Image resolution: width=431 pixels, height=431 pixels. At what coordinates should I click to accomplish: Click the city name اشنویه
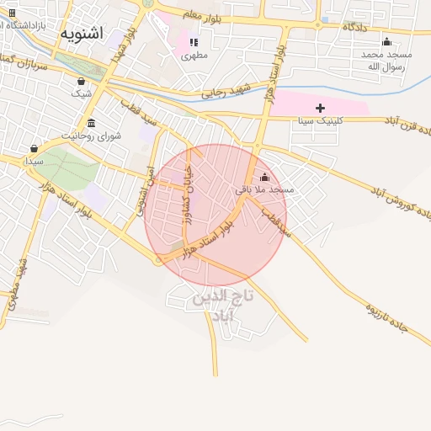(x=82, y=34)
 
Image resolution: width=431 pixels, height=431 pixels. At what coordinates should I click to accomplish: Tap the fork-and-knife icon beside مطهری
(x=194, y=42)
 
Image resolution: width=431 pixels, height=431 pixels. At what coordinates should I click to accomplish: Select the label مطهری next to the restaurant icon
(x=194, y=56)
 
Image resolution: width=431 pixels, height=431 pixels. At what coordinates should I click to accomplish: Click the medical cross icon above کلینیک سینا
(x=320, y=108)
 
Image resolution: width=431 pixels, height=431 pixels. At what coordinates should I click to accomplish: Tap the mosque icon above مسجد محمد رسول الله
(x=386, y=41)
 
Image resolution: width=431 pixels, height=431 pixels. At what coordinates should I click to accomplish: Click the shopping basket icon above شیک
(x=81, y=82)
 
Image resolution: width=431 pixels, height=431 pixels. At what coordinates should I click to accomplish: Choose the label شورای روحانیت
(x=93, y=135)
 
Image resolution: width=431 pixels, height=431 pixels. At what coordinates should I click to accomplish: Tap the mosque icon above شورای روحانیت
(x=91, y=123)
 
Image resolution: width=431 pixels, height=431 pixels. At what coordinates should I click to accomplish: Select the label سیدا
(x=34, y=159)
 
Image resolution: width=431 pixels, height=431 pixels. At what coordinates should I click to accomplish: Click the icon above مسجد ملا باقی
(x=265, y=178)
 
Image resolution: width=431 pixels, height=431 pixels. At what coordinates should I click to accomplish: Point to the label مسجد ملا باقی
(x=265, y=190)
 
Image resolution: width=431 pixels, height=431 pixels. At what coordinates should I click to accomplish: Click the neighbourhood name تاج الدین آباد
(x=222, y=306)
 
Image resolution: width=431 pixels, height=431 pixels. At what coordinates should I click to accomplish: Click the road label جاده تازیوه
(x=386, y=317)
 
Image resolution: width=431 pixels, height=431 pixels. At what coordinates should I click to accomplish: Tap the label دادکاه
(x=355, y=27)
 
